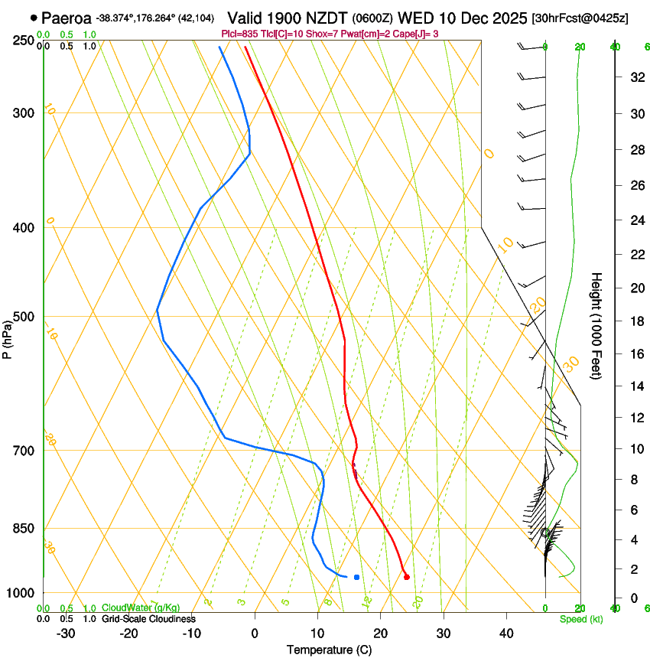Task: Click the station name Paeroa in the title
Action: point(67,18)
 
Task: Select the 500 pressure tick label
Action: point(23,317)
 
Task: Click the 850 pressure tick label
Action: point(23,529)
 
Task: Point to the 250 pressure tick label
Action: point(23,41)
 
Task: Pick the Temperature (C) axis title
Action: point(329,650)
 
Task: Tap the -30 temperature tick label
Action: point(65,633)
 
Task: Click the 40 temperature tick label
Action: point(505,633)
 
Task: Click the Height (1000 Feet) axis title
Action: point(596,325)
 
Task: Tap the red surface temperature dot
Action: point(406,577)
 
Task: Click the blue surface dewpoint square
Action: point(356,576)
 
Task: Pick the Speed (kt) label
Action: point(580,619)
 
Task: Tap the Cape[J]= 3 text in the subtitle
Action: point(437,34)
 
